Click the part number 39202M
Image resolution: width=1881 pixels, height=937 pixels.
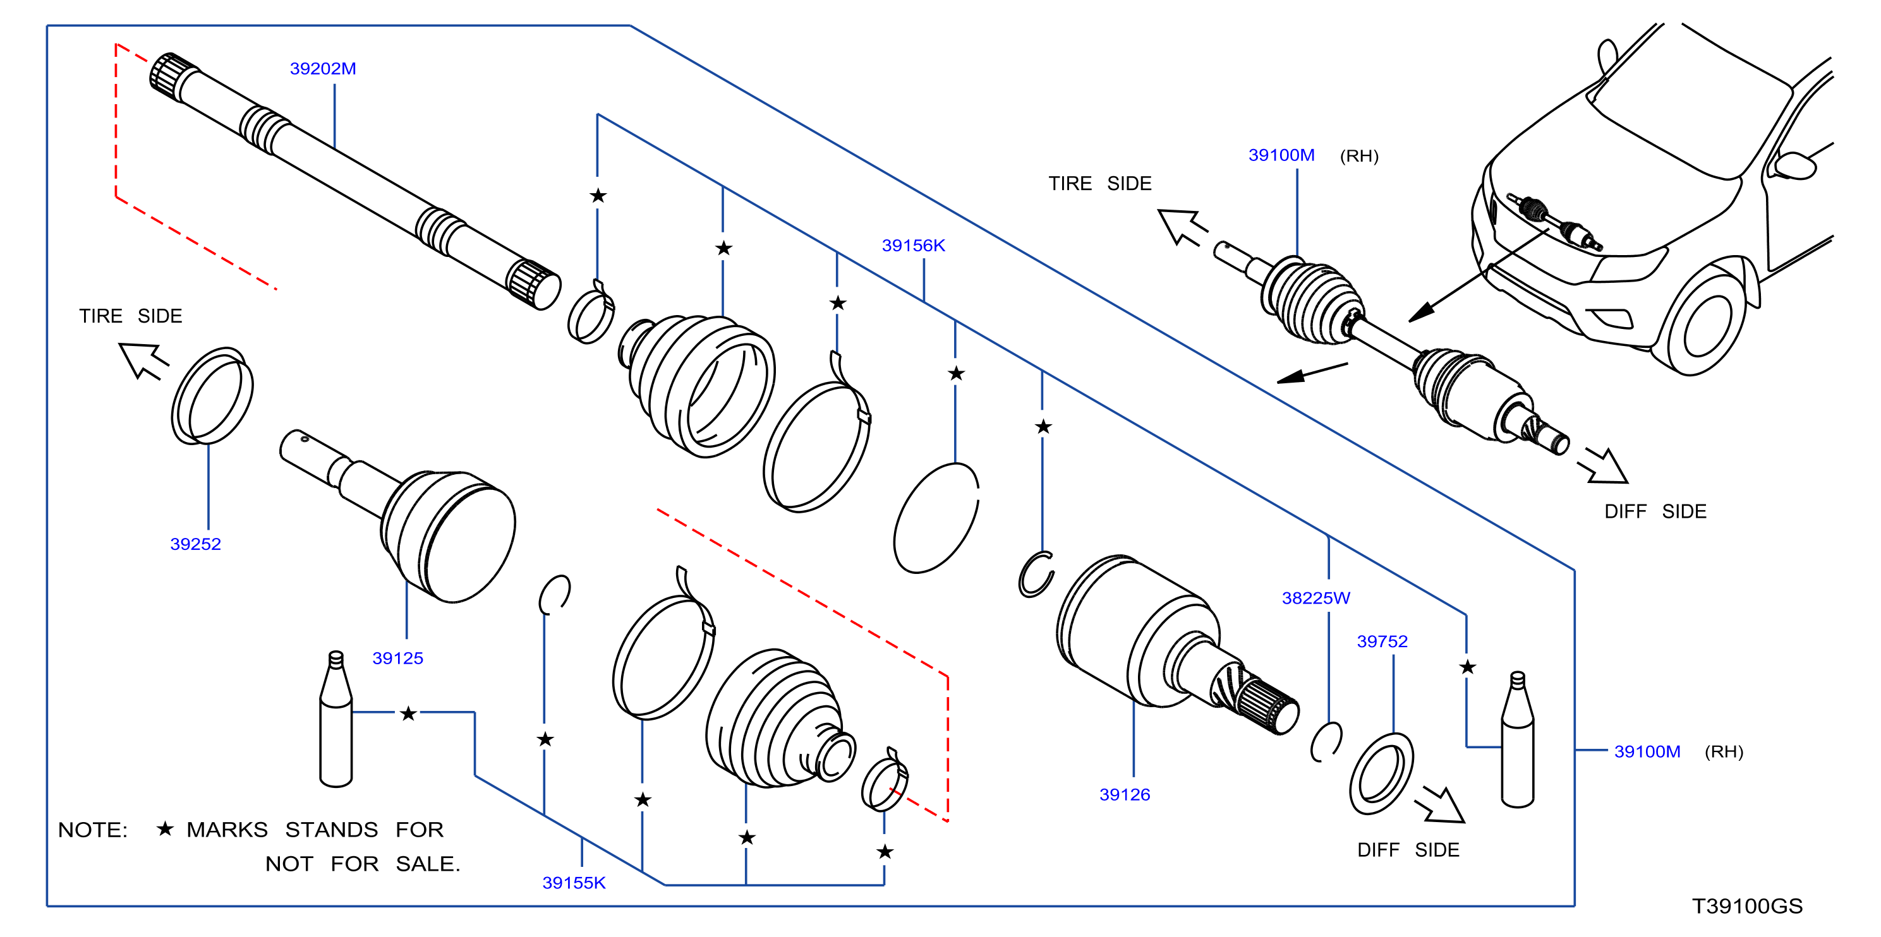coord(323,69)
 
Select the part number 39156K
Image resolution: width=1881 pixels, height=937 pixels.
coord(914,246)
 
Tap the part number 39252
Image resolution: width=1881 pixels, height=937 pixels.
coord(196,544)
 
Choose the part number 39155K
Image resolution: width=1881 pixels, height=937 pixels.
coord(574,883)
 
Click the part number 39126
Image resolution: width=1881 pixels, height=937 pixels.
coord(1125,795)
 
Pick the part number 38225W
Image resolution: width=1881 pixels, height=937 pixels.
coord(1316,599)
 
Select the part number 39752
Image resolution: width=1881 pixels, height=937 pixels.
coord(1382,642)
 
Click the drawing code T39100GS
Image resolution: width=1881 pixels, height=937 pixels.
coord(1748,906)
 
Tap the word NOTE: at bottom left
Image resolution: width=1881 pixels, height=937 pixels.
coord(93,830)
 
